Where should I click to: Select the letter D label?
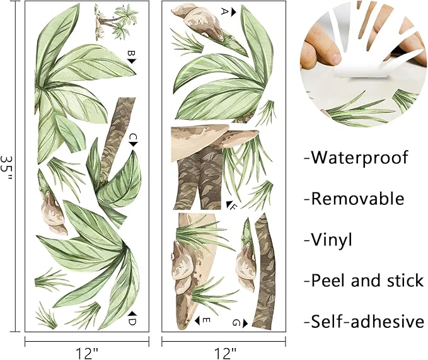(x=132, y=322)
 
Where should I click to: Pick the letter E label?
(x=205, y=320)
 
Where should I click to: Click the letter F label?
(x=233, y=206)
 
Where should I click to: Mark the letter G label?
(x=236, y=323)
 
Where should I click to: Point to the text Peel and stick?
(x=363, y=281)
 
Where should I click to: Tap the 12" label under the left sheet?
(x=87, y=350)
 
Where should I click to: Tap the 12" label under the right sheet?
(x=224, y=350)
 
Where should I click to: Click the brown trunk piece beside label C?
(x=116, y=139)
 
